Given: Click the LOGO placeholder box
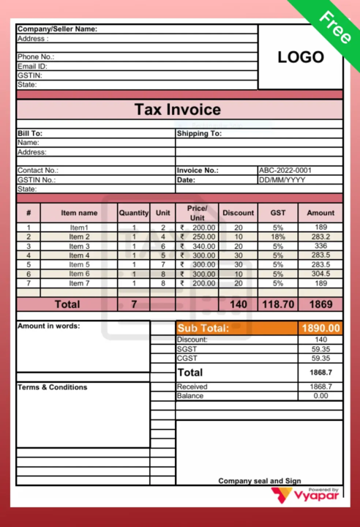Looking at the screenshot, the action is pyautogui.click(x=300, y=57).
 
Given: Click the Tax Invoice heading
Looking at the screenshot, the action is pyautogui.click(x=177, y=110).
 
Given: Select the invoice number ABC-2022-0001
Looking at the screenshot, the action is pyautogui.click(x=285, y=171).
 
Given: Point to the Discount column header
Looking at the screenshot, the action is pyautogui.click(x=238, y=213).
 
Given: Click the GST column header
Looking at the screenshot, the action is pyautogui.click(x=277, y=213).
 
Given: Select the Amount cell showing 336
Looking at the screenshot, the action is pyautogui.click(x=320, y=247).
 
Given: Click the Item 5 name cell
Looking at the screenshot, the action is pyautogui.click(x=79, y=264).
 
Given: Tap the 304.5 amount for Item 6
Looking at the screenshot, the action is pyautogui.click(x=320, y=274).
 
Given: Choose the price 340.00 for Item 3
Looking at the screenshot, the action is pyautogui.click(x=198, y=247).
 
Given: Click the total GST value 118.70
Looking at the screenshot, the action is pyautogui.click(x=277, y=303).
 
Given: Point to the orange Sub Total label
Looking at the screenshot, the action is pyautogui.click(x=203, y=329).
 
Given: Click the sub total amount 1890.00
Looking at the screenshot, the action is pyautogui.click(x=320, y=329).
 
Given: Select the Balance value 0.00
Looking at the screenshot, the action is pyautogui.click(x=320, y=396).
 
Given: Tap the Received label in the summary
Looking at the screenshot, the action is pyautogui.click(x=192, y=386).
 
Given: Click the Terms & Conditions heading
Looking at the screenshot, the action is pyautogui.click(x=52, y=387).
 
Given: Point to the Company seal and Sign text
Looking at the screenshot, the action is pyautogui.click(x=260, y=481).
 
